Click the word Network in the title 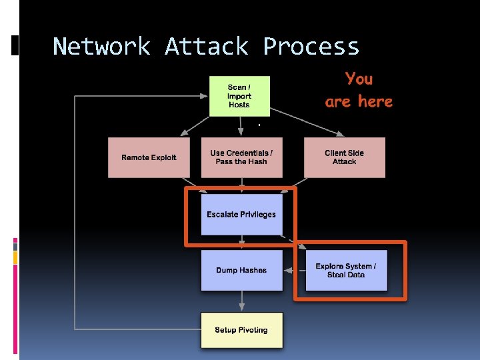point(101,47)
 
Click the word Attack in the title point(206,47)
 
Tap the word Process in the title point(311,47)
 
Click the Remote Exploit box point(149,157)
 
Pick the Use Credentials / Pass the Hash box point(241,157)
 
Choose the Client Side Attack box point(344,157)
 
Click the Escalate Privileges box point(241,215)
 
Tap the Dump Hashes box point(241,270)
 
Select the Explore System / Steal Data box point(346,270)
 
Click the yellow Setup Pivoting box point(241,330)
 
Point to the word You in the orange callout point(359,79)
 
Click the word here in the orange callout point(375,102)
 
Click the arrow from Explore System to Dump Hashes point(294,270)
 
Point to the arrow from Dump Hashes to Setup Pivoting point(241,301)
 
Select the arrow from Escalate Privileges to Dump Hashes point(241,243)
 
